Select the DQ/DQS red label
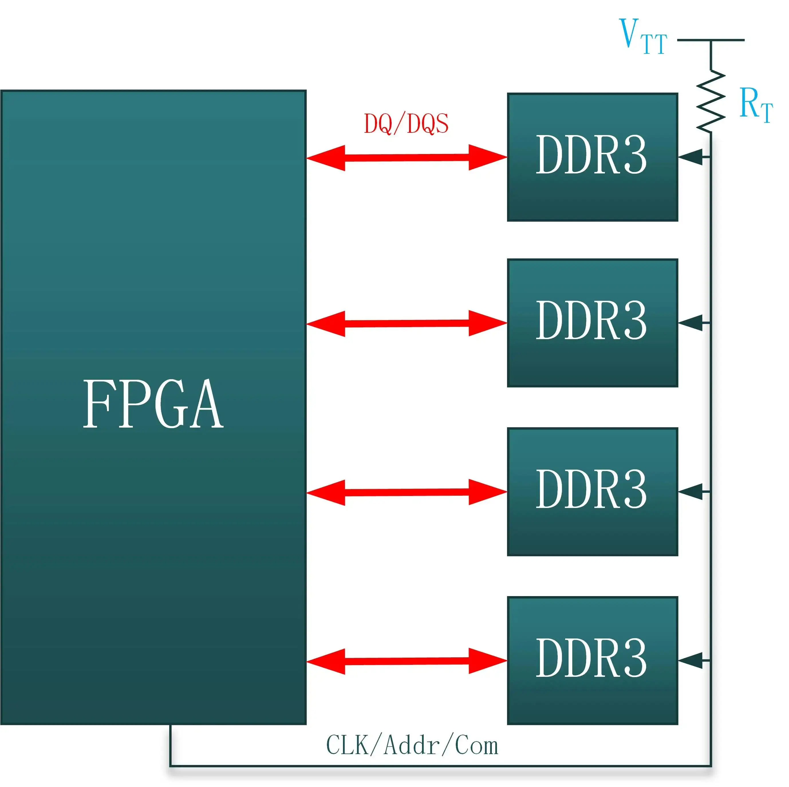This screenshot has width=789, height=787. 406,124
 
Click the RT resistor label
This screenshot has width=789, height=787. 756,104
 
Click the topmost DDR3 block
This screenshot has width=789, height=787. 592,157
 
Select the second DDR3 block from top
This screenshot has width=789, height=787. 592,323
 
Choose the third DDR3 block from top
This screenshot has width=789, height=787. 592,492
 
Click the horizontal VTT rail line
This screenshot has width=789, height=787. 711,40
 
